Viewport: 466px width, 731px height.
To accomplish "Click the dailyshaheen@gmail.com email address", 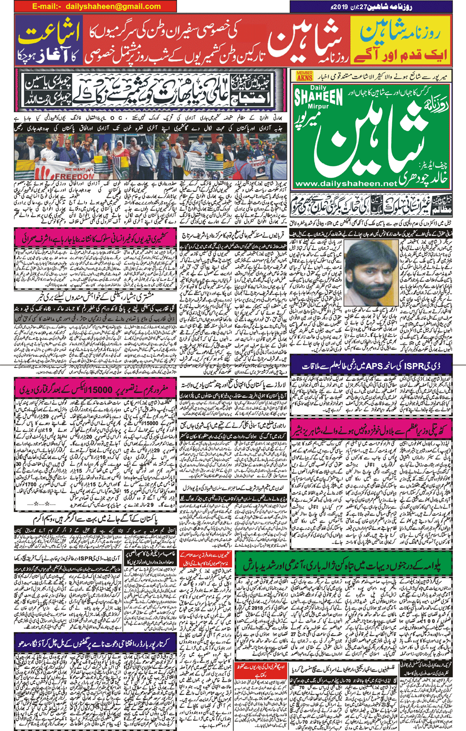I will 113,7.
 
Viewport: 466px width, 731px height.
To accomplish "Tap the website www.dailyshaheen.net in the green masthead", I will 346,183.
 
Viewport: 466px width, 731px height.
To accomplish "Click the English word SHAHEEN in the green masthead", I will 318,96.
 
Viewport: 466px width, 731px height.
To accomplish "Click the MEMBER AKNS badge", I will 304,76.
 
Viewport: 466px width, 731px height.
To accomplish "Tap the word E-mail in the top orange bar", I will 46,7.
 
